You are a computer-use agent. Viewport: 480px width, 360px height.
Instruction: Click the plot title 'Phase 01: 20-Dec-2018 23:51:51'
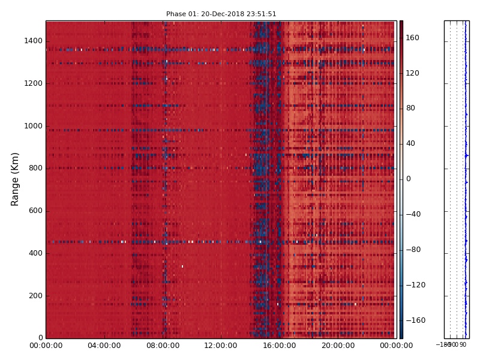(x=221, y=14)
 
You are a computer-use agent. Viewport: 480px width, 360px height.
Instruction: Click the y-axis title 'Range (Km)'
(x=16, y=179)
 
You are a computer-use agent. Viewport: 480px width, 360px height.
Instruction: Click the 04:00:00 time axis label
(x=104, y=346)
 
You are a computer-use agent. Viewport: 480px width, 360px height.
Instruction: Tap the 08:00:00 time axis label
(x=163, y=346)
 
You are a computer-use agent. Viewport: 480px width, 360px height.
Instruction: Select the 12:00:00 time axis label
(x=221, y=346)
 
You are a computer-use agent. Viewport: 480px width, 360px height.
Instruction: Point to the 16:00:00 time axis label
(x=279, y=346)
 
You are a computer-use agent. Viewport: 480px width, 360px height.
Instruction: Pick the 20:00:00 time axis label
(x=338, y=346)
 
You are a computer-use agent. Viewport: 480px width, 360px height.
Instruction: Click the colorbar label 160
(x=413, y=38)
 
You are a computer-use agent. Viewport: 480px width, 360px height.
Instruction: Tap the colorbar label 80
(x=411, y=108)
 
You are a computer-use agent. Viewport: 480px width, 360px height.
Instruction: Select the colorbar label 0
(x=409, y=179)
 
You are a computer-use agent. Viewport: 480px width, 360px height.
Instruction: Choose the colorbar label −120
(x=415, y=285)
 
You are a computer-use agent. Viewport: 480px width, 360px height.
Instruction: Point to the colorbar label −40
(x=413, y=214)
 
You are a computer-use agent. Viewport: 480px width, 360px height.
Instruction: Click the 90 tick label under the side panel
(x=463, y=345)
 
